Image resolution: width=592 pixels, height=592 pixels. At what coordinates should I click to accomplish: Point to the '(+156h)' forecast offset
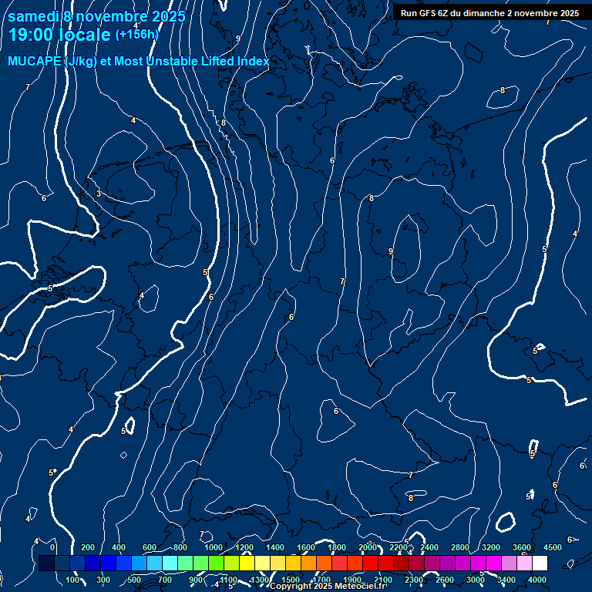136,34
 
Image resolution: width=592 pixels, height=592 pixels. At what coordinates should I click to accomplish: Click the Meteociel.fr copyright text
328,587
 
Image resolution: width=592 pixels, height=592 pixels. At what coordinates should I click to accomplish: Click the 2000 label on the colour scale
368,547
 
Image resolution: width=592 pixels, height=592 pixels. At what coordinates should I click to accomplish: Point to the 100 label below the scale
73,580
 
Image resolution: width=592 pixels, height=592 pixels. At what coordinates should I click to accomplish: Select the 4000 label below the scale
537,580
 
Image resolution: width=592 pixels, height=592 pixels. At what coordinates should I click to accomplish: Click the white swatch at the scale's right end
540,563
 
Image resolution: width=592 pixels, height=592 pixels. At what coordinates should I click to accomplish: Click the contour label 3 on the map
99,193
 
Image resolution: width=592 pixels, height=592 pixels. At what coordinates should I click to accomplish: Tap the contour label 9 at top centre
238,39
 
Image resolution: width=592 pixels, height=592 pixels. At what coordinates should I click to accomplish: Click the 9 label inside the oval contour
391,251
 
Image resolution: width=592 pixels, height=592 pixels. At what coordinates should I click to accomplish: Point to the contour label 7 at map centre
342,282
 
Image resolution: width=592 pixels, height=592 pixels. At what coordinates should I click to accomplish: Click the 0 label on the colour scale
52,547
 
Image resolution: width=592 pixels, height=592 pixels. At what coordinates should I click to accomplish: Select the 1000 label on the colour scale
214,547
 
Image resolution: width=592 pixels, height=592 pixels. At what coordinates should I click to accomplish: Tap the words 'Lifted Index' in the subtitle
235,62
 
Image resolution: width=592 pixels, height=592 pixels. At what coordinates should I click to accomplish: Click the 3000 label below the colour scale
476,580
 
